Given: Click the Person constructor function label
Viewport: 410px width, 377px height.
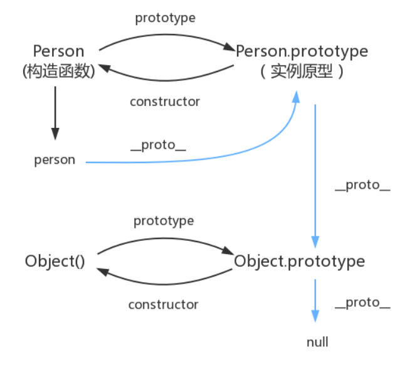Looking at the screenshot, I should point(58,51).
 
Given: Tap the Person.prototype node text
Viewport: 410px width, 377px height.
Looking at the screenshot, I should point(302,51).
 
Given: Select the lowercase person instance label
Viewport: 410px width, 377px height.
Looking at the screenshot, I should point(55,160).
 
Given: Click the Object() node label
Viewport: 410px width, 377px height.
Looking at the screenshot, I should point(55,261).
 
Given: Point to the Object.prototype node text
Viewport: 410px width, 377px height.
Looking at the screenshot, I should point(299,261).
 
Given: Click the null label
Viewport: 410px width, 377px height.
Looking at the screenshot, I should point(317,342).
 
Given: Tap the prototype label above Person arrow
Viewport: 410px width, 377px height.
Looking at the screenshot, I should point(165,18).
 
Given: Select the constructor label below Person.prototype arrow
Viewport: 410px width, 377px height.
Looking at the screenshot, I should point(164,102).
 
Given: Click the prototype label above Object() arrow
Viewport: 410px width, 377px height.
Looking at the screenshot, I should point(164,221).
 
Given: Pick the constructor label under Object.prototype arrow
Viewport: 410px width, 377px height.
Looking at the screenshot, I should point(163,305).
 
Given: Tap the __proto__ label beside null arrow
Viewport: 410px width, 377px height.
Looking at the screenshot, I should point(362,302).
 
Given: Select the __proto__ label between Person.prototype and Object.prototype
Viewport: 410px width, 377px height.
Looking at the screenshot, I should point(362,185).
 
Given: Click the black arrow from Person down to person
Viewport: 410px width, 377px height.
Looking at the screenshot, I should point(55,113).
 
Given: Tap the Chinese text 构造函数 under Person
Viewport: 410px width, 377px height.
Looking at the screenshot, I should point(58,71).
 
